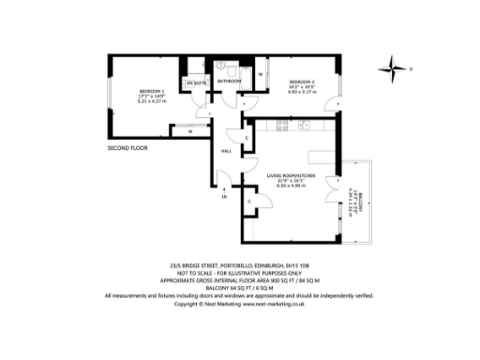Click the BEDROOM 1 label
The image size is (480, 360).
tap(129, 90)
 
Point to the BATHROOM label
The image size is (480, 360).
tap(229, 82)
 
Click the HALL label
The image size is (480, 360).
tap(227, 151)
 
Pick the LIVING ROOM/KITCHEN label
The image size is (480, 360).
tap(291, 175)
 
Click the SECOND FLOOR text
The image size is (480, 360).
tap(129, 148)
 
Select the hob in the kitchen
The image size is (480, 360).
tap(302, 123)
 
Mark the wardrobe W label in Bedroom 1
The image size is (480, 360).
tap(189, 131)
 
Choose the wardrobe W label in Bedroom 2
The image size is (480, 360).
tap(260, 73)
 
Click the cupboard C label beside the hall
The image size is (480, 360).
tap(246, 139)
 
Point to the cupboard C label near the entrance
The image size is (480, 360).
tap(249, 202)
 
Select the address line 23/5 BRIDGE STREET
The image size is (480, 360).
tap(239, 265)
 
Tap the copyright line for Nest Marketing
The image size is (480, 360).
tap(239, 304)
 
